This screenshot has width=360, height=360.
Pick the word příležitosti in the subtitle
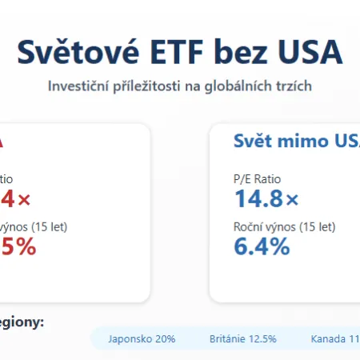(150, 86)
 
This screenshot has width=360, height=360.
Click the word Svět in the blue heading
(252, 142)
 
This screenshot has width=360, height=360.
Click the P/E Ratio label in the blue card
(258, 179)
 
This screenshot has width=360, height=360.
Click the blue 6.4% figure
(262, 246)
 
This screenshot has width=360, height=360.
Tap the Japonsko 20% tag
(143, 338)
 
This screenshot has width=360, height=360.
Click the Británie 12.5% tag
(242, 338)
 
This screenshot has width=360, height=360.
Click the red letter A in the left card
(3, 142)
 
